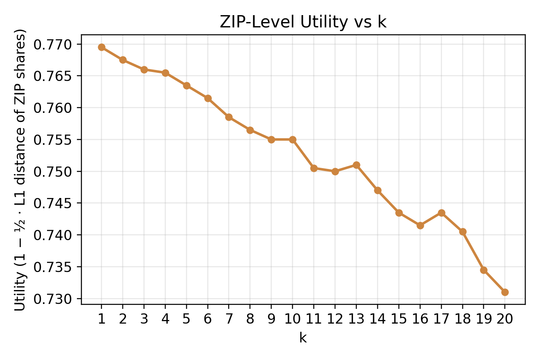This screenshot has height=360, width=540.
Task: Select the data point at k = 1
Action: pyautogui.click(x=102, y=47)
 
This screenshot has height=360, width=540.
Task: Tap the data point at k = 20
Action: pyautogui.click(x=505, y=292)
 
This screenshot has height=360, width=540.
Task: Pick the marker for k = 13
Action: pyautogui.click(x=356, y=165)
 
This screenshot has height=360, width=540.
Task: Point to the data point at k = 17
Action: pyautogui.click(x=441, y=213)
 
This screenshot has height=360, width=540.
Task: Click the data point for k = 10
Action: pyautogui.click(x=292, y=139)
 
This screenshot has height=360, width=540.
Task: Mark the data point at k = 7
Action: pyautogui.click(x=229, y=117)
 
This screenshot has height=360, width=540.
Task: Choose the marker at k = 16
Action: pyautogui.click(x=420, y=225)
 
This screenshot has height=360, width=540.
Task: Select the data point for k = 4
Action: pyautogui.click(x=165, y=73)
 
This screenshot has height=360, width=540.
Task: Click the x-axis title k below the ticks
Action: pyautogui.click(x=303, y=338)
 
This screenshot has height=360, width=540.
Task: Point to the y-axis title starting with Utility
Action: pyautogui.click(x=21, y=169)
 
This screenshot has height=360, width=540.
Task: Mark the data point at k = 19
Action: pyautogui.click(x=484, y=270)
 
